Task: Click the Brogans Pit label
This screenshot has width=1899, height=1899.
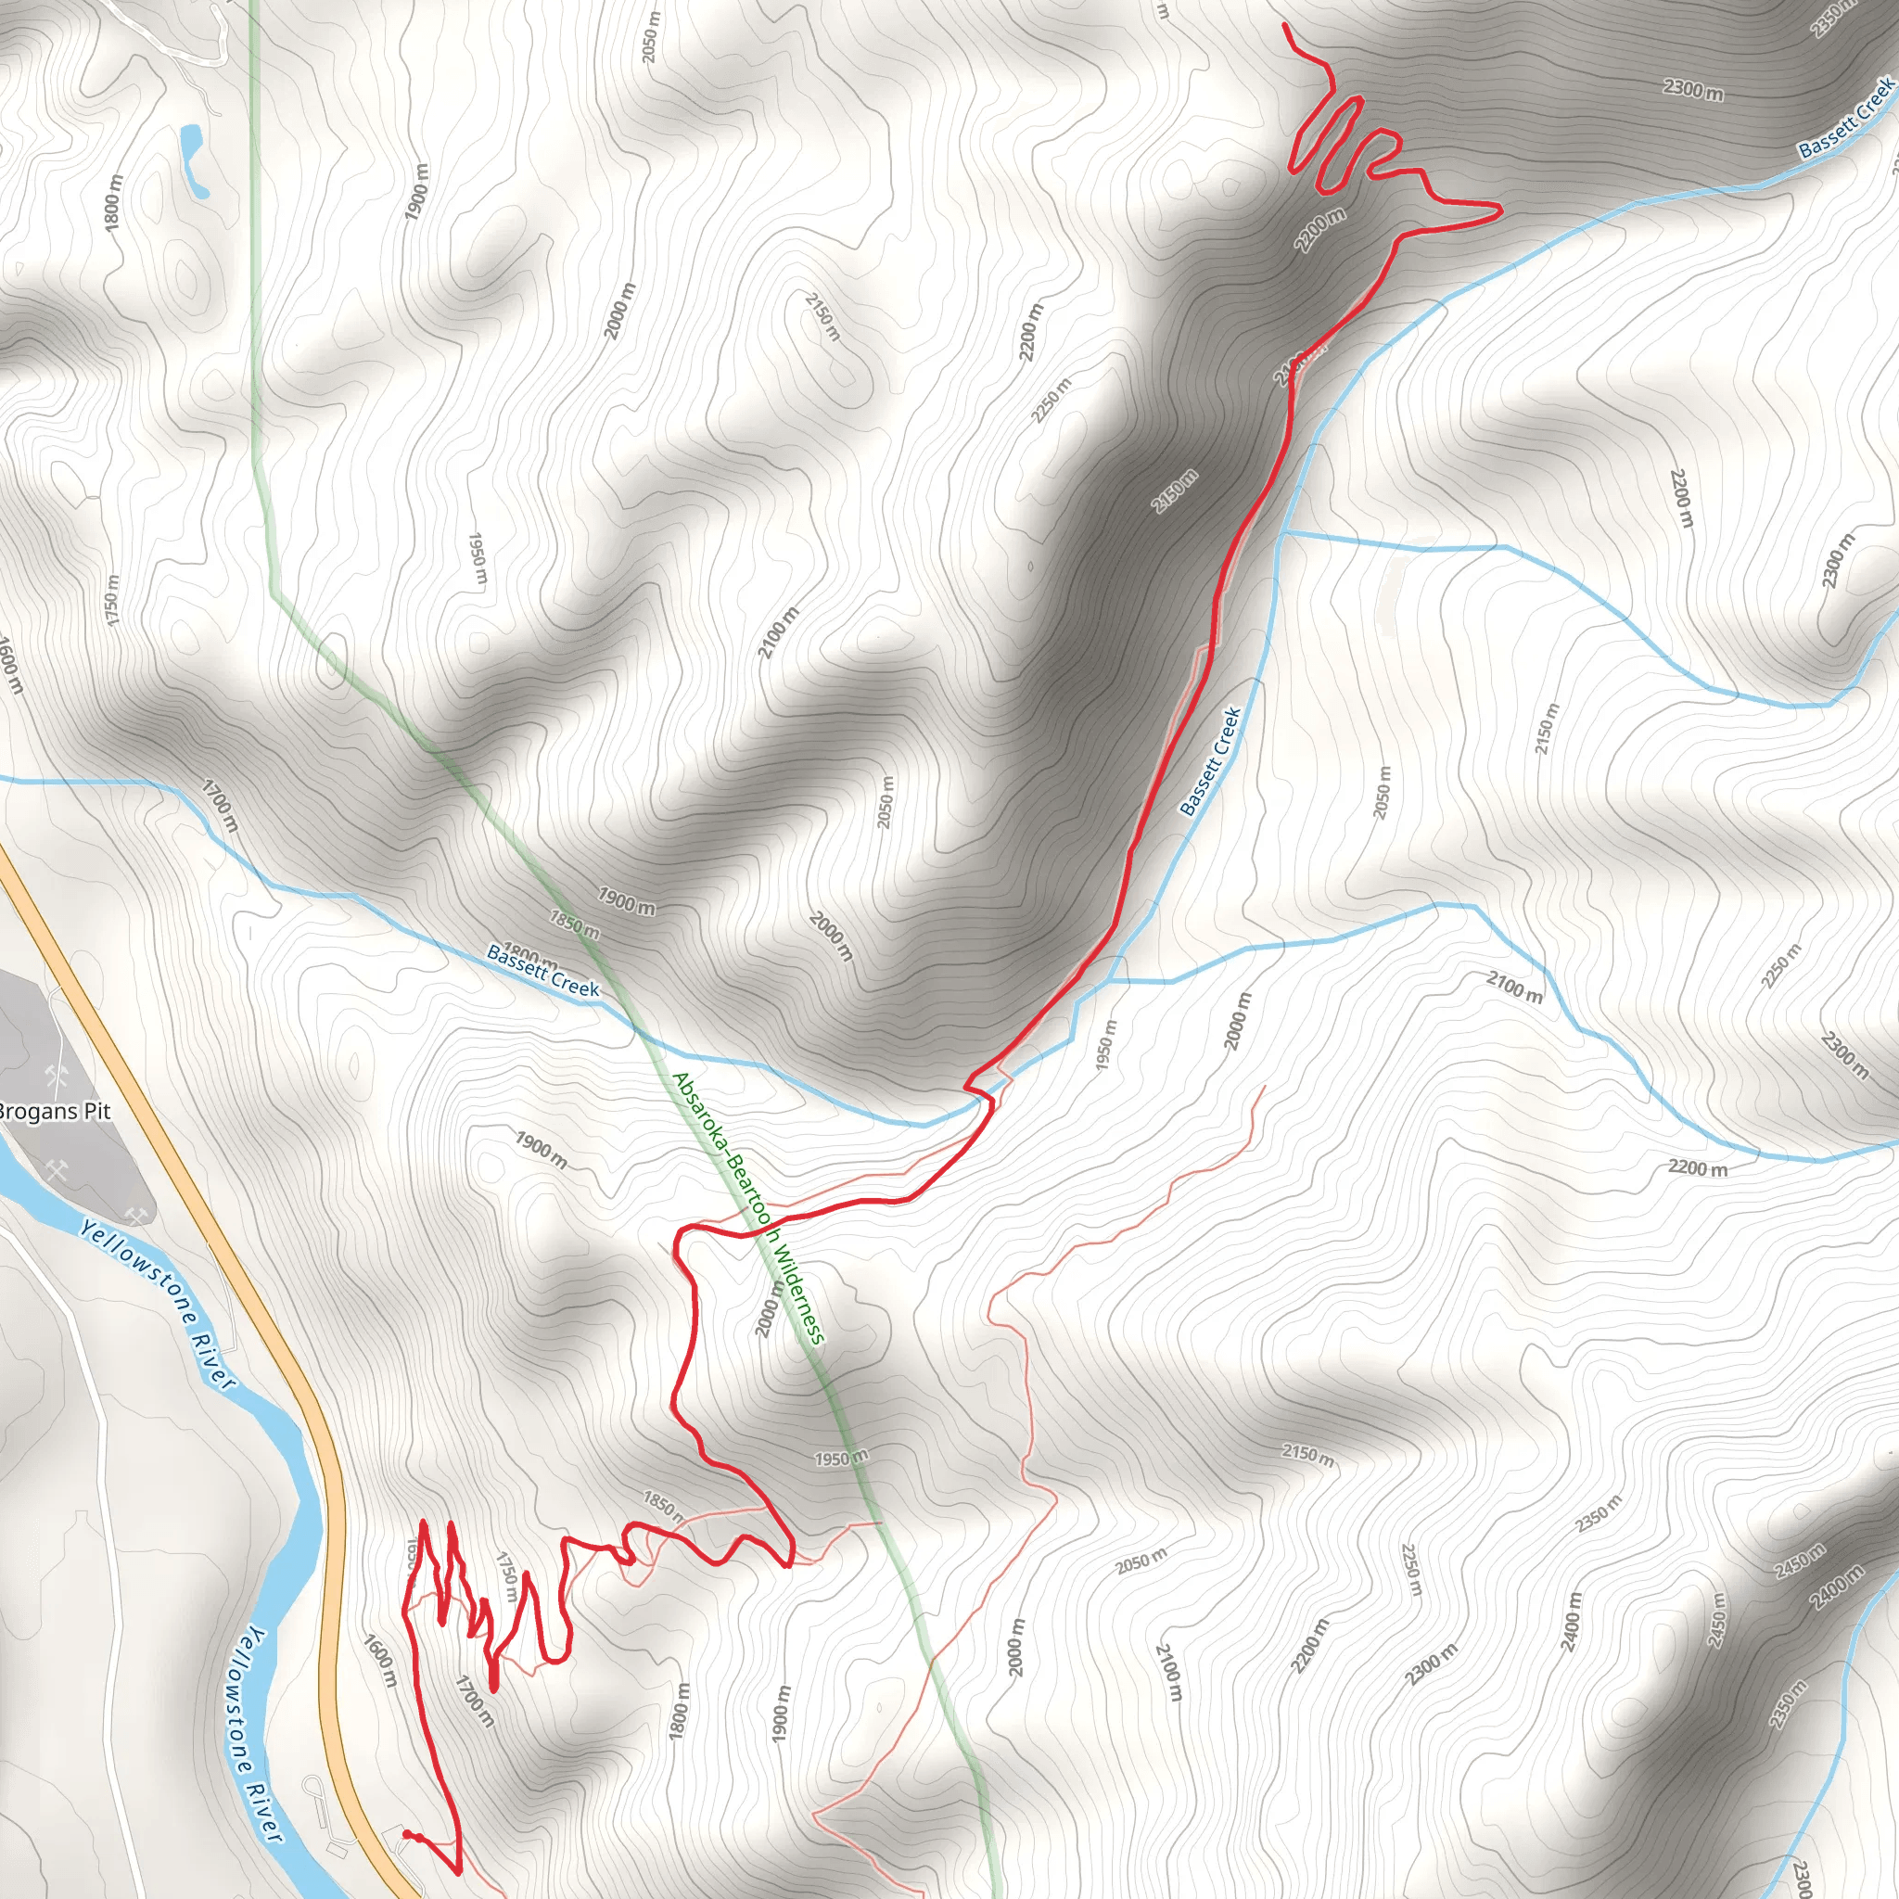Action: tap(55, 1112)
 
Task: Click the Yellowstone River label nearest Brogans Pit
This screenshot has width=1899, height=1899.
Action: tap(158, 1304)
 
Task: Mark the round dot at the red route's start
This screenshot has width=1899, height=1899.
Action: tap(407, 1834)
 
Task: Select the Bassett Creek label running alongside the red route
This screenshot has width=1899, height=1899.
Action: tap(1210, 762)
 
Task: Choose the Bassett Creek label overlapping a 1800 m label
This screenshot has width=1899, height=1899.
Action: tap(542, 970)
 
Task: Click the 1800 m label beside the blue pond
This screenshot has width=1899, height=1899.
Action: tap(113, 203)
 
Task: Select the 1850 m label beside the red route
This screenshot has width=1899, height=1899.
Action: tap(664, 1504)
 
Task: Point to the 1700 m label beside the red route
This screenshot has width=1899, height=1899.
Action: tap(474, 1701)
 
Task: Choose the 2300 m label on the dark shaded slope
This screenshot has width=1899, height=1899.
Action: tap(1692, 89)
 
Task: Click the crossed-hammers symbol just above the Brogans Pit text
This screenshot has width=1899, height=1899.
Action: tap(56, 1077)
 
